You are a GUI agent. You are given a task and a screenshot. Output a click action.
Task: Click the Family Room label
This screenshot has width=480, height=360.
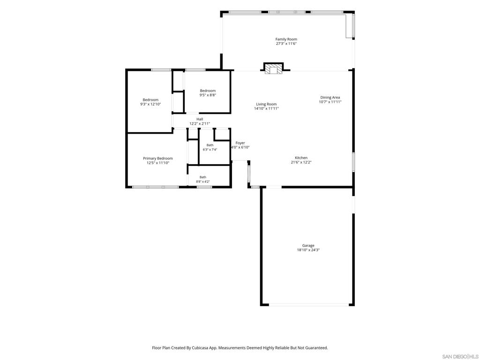pos(286,39)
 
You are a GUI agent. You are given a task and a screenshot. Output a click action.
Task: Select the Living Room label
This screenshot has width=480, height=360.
pos(266,104)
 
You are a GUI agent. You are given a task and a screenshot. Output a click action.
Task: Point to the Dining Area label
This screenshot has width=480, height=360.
pos(330,97)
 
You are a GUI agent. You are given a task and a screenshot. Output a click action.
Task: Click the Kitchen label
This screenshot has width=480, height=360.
pos(301,157)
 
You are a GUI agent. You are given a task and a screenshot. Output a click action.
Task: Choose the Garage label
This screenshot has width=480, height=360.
pos(308,246)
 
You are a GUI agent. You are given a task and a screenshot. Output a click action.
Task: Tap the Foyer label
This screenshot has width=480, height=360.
pos(240,143)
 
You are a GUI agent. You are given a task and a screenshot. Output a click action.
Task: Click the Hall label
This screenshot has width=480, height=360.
pos(200,119)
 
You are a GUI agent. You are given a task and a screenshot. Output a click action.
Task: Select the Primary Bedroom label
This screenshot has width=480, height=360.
pos(158,158)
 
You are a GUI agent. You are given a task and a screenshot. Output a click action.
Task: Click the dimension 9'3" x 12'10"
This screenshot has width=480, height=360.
pos(150,104)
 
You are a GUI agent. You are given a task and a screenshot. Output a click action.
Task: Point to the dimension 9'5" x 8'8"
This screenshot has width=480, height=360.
pos(208,95)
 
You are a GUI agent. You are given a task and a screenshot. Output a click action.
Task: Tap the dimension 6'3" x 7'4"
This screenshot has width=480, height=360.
pos(210,150)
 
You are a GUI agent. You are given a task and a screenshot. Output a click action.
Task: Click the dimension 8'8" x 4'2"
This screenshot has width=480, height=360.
pos(203,181)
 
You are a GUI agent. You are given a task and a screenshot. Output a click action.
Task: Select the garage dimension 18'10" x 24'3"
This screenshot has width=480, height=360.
pos(308,250)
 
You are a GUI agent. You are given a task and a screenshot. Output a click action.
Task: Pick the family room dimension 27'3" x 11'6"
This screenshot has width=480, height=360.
pos(286,44)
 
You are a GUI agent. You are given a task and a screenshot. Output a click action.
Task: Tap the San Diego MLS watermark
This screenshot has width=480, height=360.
pos(460,357)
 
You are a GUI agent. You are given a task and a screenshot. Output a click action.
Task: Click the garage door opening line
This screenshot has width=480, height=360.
pos(308,305)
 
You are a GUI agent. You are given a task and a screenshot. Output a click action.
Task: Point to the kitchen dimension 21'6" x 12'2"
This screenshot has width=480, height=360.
pos(301,162)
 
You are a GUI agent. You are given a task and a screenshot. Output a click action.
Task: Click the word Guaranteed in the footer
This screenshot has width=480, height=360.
pos(317,348)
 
